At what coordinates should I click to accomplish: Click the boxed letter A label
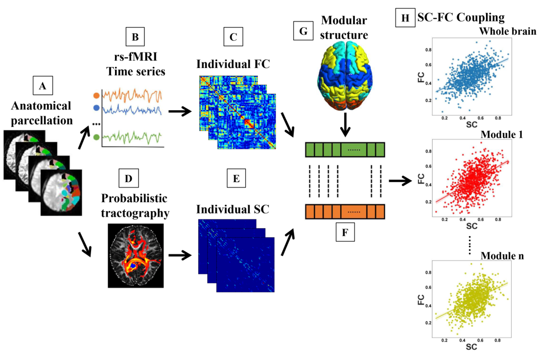point(43,85)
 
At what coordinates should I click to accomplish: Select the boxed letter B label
point(135,37)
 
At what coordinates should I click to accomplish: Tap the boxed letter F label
point(345,232)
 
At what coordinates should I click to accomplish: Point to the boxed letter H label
point(405,18)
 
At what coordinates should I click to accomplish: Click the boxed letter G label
point(303,31)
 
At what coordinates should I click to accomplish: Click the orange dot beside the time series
point(96,96)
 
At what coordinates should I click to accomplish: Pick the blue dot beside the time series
point(96,108)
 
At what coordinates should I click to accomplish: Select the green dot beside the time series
point(96,137)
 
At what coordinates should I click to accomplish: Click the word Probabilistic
point(134,198)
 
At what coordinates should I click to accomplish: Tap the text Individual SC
point(233,209)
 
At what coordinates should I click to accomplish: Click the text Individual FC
point(233,64)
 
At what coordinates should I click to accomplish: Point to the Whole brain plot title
point(508,31)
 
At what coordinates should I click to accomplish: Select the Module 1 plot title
point(502,135)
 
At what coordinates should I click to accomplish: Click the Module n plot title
point(502,256)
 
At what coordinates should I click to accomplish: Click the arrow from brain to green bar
point(345,124)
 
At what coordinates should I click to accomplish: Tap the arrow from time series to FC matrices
point(180,111)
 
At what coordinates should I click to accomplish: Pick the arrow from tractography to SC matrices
point(180,255)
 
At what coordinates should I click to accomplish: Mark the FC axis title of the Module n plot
point(421,300)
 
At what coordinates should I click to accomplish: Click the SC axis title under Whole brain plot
point(471,125)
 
